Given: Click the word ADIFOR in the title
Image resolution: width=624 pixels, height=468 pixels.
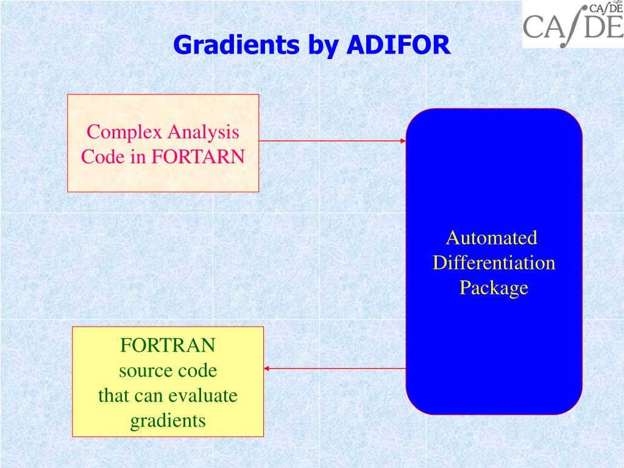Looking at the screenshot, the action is coord(399,45).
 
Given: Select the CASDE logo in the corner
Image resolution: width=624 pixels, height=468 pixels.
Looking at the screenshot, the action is coord(573,24).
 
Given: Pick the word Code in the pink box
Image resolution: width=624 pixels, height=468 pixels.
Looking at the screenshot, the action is coord(102,157).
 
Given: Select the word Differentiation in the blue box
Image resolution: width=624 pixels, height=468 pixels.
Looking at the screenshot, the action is coord(494,263).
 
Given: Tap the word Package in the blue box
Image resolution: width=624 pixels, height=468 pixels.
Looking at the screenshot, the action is coord(494,288).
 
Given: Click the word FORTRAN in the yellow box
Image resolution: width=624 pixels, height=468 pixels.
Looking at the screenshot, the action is coord(168,346).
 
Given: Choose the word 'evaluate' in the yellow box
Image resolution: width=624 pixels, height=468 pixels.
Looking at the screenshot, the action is coord(202,395).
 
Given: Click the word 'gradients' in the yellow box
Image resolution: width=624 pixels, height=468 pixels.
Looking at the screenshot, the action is coord(168,420).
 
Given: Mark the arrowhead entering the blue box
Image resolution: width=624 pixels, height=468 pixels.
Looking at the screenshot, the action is coord(403,141).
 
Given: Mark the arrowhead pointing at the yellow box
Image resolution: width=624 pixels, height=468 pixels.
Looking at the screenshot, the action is coord(267,368).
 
